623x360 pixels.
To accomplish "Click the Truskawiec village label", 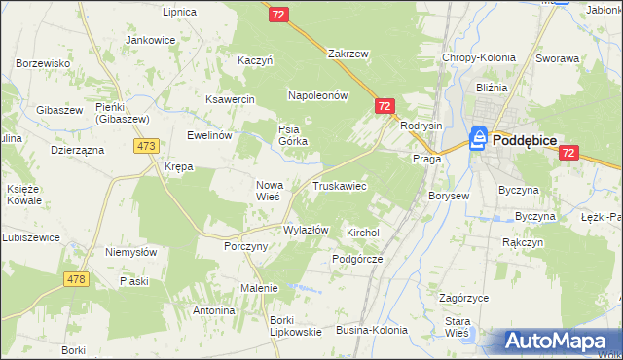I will (x=339, y=185).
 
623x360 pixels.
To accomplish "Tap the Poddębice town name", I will (x=525, y=140).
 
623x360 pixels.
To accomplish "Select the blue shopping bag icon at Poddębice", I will (x=479, y=140).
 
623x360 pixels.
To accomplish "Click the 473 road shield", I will (x=147, y=146).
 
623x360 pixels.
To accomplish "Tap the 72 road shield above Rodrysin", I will (x=385, y=106).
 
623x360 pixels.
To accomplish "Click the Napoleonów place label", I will (x=317, y=95).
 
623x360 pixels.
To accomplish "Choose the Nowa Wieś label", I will (x=268, y=190).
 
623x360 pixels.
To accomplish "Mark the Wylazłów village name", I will (x=306, y=230).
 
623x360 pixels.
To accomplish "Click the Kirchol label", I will (x=362, y=234).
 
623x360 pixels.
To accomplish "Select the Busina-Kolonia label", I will (x=372, y=331).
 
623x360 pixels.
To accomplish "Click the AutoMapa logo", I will (x=557, y=342).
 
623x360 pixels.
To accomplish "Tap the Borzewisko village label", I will (x=43, y=63).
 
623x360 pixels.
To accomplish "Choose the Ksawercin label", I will (x=229, y=99).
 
